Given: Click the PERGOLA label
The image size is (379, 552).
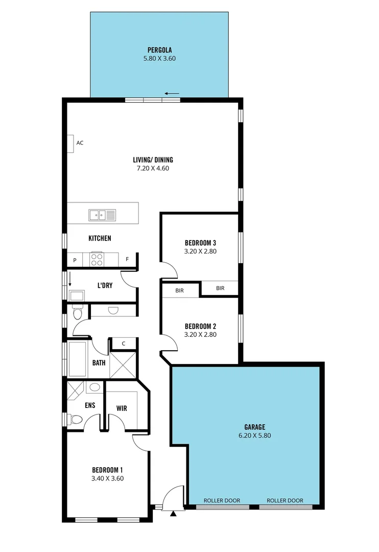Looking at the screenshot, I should (x=159, y=50).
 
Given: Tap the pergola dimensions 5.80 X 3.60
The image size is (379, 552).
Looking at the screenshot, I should (x=159, y=59).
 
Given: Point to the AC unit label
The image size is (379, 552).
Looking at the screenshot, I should (x=80, y=143).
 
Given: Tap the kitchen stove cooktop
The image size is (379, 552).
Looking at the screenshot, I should (x=97, y=260).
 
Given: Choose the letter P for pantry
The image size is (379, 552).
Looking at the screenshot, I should (x=75, y=260).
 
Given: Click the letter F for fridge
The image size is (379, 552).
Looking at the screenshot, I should (x=127, y=260).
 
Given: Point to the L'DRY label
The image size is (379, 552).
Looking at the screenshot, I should (x=105, y=285).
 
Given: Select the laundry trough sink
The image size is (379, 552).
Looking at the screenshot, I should (x=78, y=295).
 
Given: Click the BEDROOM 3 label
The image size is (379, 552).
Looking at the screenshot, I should (x=200, y=243).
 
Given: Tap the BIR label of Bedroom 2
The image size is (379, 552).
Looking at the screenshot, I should (x=179, y=290).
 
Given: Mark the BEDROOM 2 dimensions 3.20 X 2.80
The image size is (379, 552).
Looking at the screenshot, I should (x=200, y=335).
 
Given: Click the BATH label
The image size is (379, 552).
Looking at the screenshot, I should (x=99, y=363).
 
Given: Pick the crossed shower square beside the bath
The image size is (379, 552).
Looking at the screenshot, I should (x=123, y=365).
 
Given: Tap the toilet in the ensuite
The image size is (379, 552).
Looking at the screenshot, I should (x=76, y=420).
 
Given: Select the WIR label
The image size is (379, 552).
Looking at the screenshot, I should (x=122, y=408).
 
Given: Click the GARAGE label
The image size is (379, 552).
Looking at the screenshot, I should (x=254, y=427).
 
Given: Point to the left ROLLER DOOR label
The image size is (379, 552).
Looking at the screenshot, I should (x=222, y=500).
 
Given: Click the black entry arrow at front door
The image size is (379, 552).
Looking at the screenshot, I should (x=173, y=513).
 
